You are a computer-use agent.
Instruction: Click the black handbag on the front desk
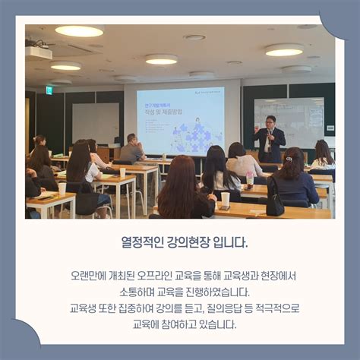click(274, 204)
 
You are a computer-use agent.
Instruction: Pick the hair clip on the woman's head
click(289, 159)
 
